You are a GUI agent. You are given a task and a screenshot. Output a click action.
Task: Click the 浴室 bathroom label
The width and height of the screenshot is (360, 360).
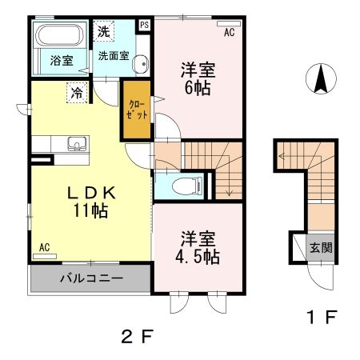pyautogui.click(x=62, y=60)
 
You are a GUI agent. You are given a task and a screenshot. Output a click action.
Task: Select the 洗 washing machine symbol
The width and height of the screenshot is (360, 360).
pyautogui.click(x=103, y=32)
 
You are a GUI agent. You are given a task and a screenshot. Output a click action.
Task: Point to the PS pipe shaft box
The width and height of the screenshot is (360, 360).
pyautogui.click(x=144, y=25)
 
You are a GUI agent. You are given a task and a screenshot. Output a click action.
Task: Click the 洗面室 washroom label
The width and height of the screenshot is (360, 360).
pyautogui.click(x=114, y=58)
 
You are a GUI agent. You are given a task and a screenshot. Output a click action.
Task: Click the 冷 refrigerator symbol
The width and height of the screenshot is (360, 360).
pyautogui.click(x=77, y=92)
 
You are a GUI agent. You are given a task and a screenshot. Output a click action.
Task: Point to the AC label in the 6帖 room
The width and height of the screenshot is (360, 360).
pyautogui.click(x=229, y=33)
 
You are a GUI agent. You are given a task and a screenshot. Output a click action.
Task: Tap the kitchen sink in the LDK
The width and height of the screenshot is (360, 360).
pyautogui.click(x=78, y=144)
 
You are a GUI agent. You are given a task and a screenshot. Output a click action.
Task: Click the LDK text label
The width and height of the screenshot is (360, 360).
pyautogui.click(x=89, y=194)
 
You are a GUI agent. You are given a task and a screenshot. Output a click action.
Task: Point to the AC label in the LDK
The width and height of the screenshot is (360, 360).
pyautogui.click(x=45, y=247)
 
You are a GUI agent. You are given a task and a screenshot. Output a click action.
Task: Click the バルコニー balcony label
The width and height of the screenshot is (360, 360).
pyautogui.click(x=90, y=280)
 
